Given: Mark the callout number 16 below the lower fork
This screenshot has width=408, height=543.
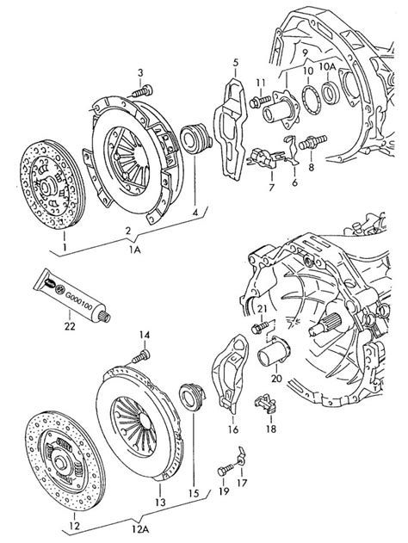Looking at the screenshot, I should [x=232, y=429].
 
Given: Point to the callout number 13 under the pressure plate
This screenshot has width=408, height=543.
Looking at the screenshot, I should [x=159, y=502].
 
